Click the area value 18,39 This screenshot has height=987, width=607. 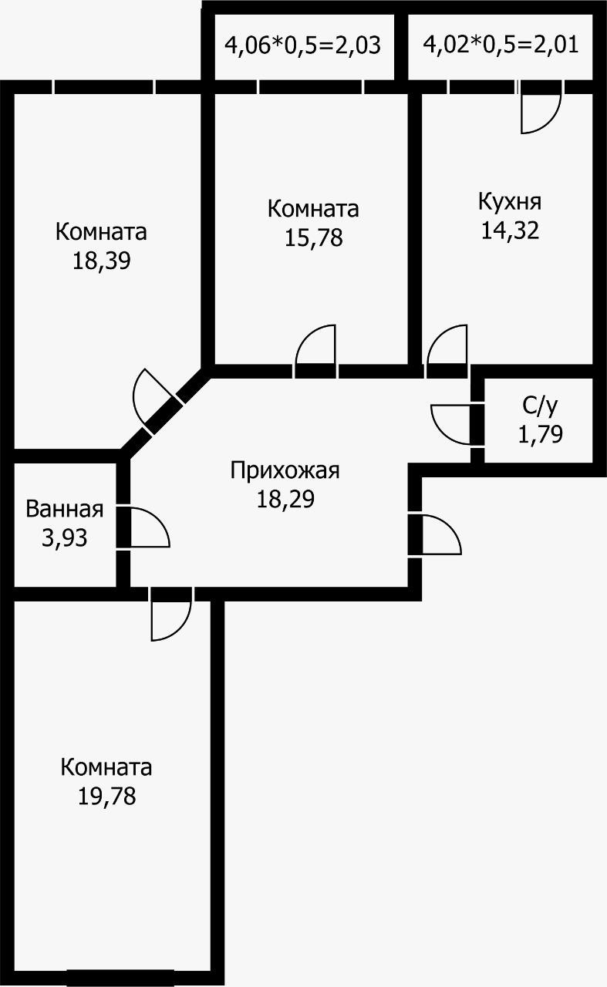pos(101,261)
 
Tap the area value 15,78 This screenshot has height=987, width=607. pos(313,237)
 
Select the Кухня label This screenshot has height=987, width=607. pos(510,201)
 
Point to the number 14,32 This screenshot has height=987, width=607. pos(510,231)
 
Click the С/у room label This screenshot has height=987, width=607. pos(540,406)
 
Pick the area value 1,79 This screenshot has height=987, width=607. pos(540,434)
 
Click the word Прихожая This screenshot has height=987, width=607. pos(285,470)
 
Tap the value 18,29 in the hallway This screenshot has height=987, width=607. pos(285,498)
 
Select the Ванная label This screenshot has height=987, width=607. pos(65,509)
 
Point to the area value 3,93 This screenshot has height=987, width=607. pos(65,537)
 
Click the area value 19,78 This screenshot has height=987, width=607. pos(106,796)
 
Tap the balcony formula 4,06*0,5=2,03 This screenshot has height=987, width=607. pos(302,44)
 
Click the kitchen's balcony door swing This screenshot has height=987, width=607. pos(539,112)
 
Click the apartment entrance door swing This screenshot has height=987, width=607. pos(440,535)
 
